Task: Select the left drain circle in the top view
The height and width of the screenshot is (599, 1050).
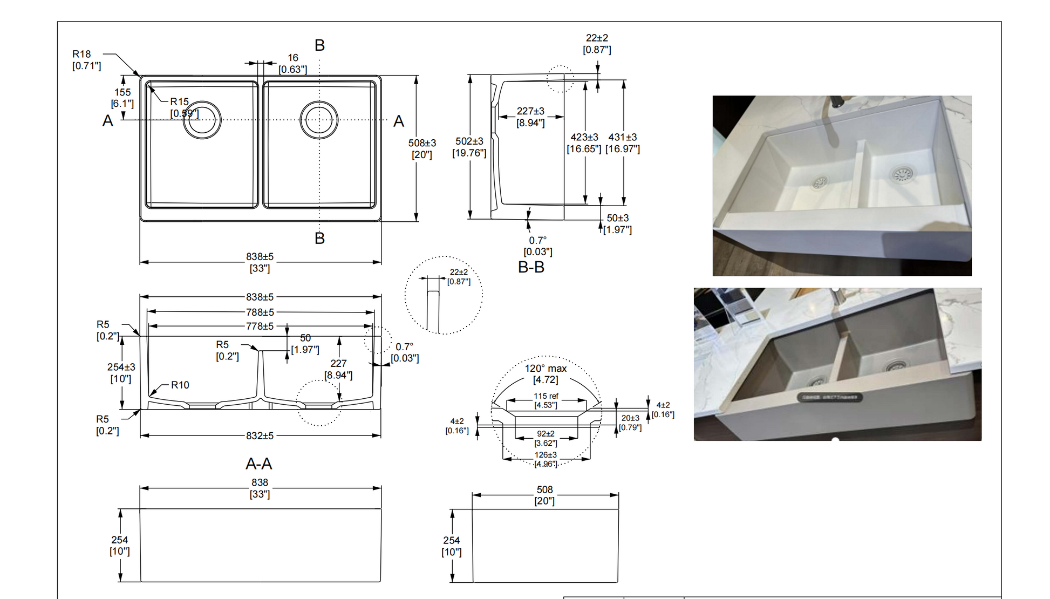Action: click(202, 120)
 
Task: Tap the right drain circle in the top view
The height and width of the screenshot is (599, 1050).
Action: click(319, 119)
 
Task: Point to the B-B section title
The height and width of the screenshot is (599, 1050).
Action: click(531, 267)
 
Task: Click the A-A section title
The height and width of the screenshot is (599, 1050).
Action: click(259, 464)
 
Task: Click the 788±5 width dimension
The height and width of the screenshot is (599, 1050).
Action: click(260, 312)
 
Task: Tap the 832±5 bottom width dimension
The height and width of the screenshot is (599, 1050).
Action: click(260, 435)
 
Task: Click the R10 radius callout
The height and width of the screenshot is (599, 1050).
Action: click(180, 385)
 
